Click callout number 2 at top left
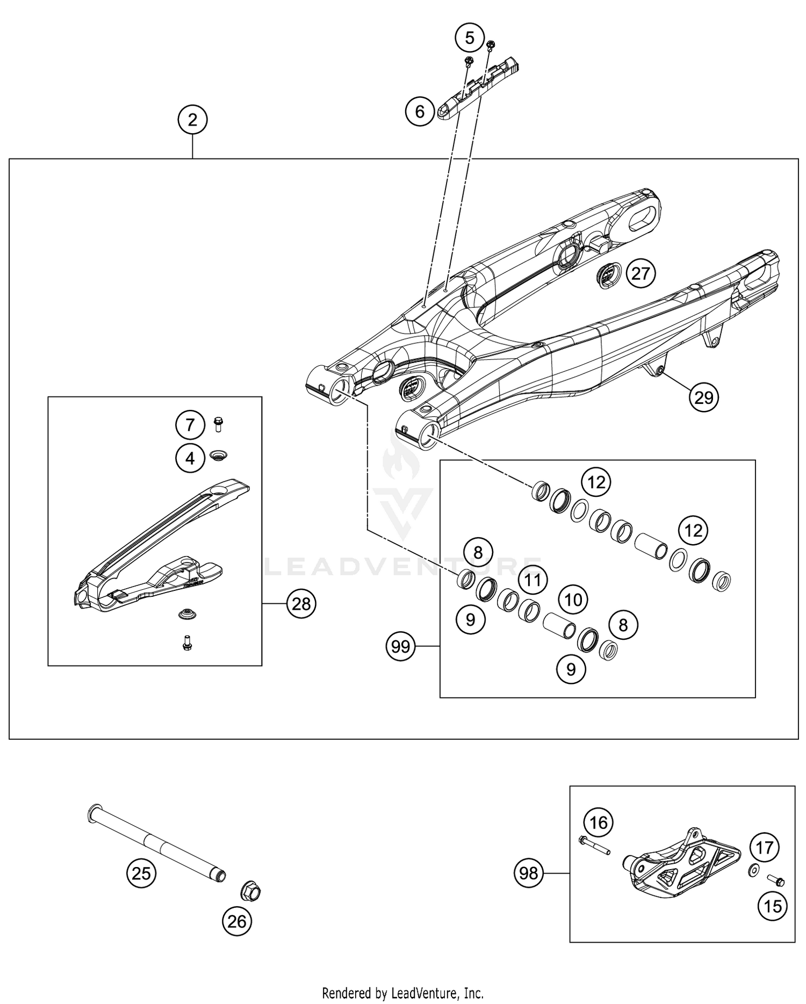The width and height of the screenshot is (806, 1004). pyautogui.click(x=193, y=120)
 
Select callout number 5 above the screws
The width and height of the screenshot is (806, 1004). pyautogui.click(x=470, y=38)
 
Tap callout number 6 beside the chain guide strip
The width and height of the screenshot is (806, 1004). pyautogui.click(x=420, y=111)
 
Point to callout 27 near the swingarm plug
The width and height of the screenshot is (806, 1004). pyautogui.click(x=641, y=274)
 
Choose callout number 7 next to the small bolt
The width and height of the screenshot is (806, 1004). pyautogui.click(x=190, y=425)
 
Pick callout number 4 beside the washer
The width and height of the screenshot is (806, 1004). pyautogui.click(x=190, y=458)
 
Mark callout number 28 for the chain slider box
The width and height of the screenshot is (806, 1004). pyautogui.click(x=301, y=604)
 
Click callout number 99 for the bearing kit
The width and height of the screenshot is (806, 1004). pyautogui.click(x=401, y=646)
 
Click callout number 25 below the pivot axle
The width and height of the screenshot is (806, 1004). pyautogui.click(x=141, y=873)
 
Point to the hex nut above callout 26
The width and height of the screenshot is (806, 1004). pyautogui.click(x=250, y=893)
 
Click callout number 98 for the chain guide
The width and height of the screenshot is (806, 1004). pyautogui.click(x=529, y=873)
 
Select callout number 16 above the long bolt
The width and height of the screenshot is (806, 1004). pyautogui.click(x=599, y=822)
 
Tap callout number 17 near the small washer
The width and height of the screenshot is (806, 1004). pyautogui.click(x=765, y=848)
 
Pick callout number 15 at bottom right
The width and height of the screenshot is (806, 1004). pyautogui.click(x=773, y=906)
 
